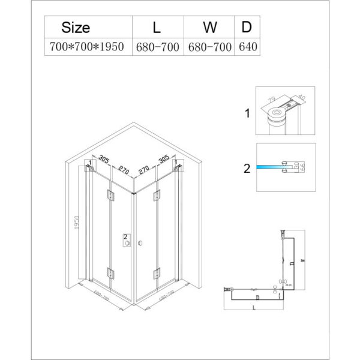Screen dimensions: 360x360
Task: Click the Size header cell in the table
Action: (76, 27)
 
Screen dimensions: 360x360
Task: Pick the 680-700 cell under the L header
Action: (157, 47)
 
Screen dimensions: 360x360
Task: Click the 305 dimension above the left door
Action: (104, 160)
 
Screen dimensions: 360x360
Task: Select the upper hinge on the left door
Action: (111, 194)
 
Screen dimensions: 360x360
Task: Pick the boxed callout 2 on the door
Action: (125, 238)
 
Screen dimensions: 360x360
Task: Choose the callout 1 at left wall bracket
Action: (89, 162)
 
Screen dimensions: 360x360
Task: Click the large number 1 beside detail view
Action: (246, 113)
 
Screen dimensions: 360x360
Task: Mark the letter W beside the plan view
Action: (305, 260)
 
